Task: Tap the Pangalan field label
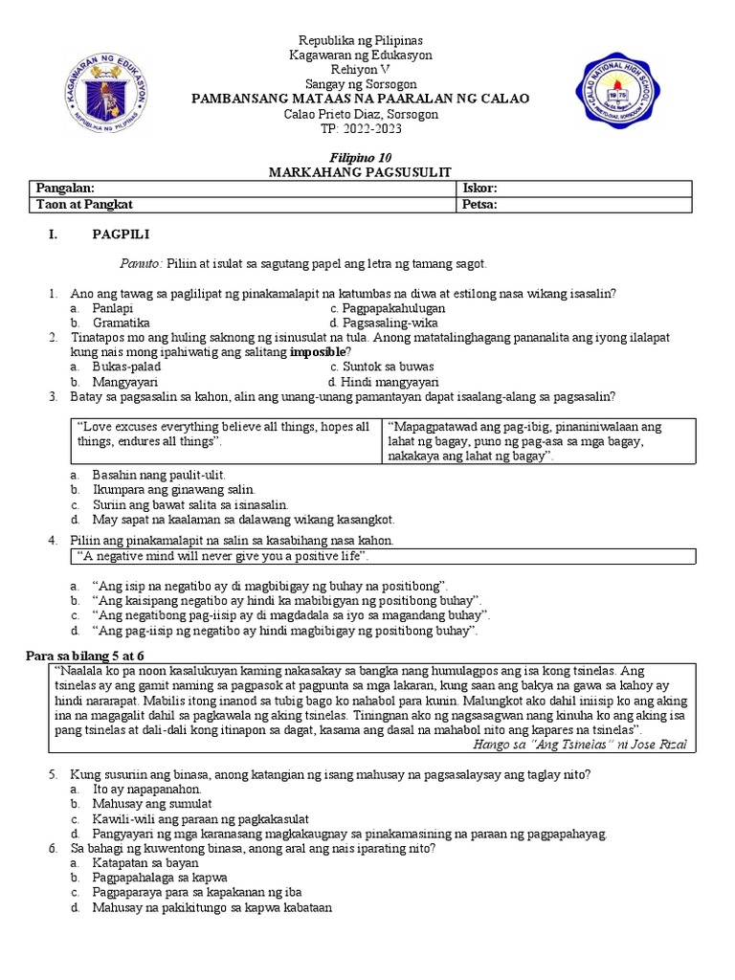click(65, 189)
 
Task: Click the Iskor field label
click(480, 189)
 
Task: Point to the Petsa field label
click(481, 205)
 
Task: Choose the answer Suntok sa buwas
click(382, 367)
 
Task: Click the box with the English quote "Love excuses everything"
click(225, 440)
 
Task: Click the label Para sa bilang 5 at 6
click(83, 655)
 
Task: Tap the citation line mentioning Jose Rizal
click(579, 744)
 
